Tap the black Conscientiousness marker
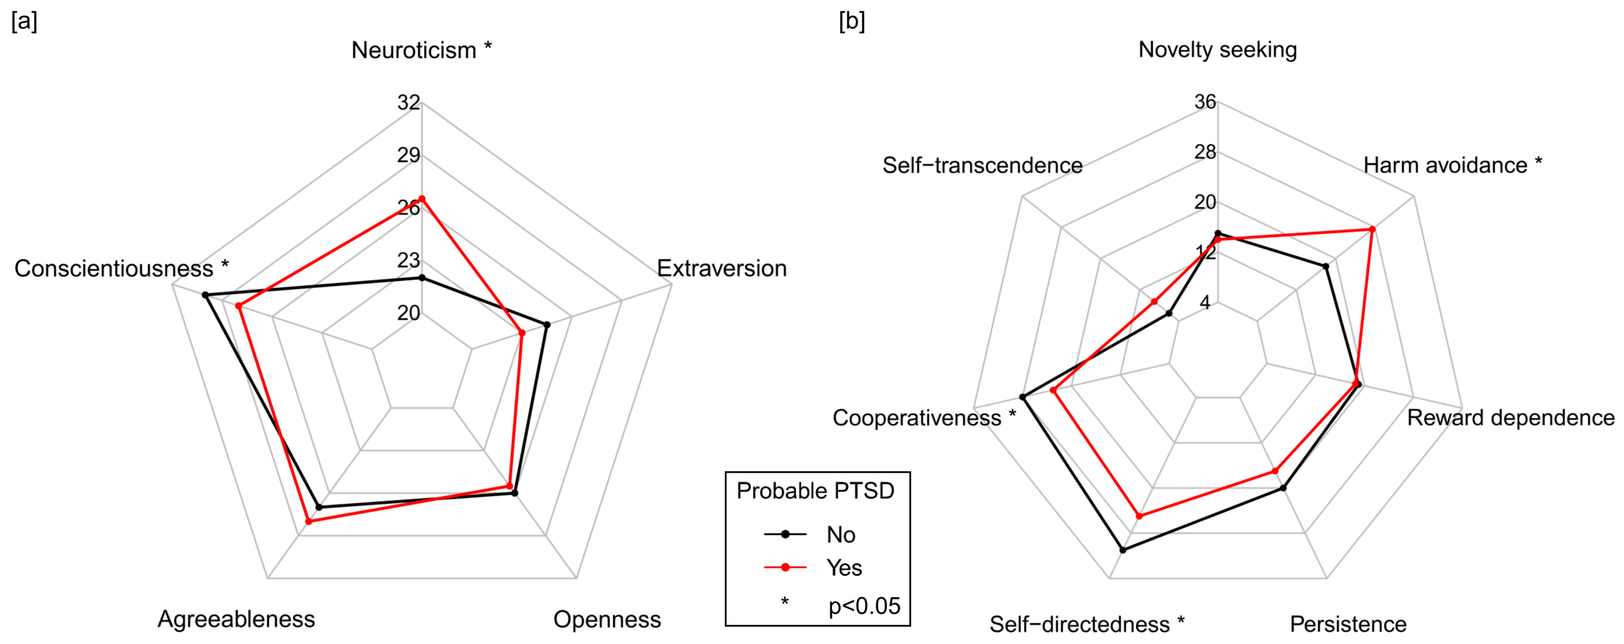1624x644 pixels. (x=204, y=295)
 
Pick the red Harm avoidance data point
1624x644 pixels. (x=1372, y=229)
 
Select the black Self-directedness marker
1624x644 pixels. (x=1123, y=550)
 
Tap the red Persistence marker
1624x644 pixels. (x=1275, y=471)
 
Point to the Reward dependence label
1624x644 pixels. (x=1511, y=418)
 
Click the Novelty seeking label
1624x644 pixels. (x=1217, y=50)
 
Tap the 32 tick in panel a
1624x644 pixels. (x=408, y=102)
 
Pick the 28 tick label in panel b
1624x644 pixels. (x=1205, y=152)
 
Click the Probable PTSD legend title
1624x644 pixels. (x=815, y=491)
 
